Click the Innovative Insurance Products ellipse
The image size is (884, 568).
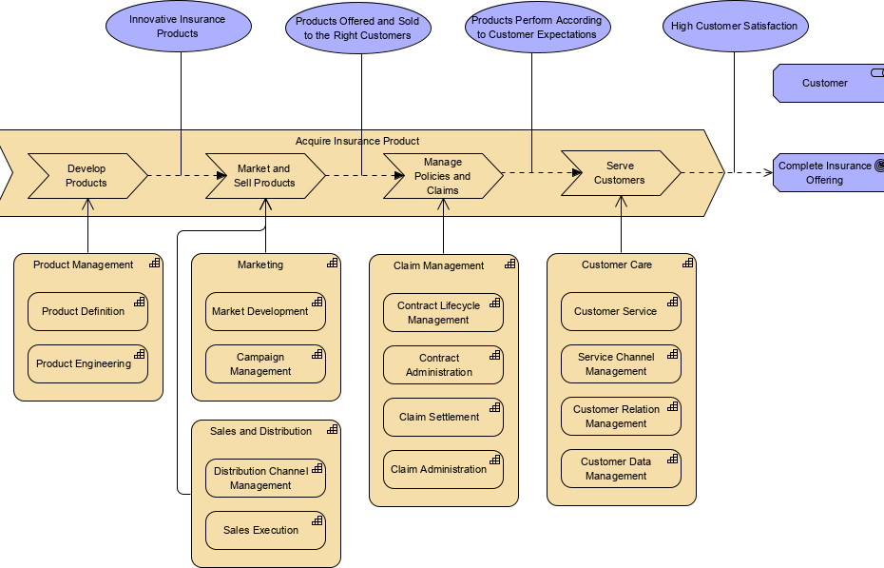point(178,27)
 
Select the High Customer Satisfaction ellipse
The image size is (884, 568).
point(734,27)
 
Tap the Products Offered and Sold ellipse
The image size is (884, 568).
point(357,29)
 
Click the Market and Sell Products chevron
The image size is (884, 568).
point(265,176)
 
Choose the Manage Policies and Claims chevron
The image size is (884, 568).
point(443,176)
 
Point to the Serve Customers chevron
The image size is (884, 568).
point(620,173)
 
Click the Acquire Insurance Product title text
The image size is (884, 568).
point(357,141)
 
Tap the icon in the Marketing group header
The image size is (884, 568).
point(333,263)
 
